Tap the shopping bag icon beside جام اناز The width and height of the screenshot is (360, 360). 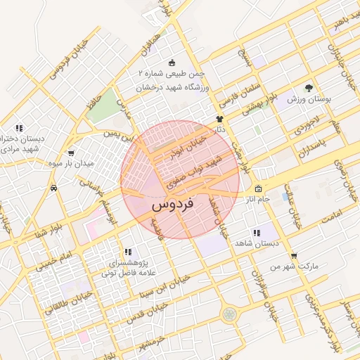258,188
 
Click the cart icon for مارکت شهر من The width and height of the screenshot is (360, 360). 293,256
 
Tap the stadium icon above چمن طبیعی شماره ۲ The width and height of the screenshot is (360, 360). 173,63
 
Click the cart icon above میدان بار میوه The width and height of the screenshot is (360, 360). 71,153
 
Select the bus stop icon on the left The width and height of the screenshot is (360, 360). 54,188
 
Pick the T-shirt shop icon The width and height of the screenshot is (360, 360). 219,119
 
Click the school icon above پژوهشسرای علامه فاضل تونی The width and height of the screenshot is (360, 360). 127,251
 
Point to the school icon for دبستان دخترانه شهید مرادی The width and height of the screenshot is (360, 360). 19,128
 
